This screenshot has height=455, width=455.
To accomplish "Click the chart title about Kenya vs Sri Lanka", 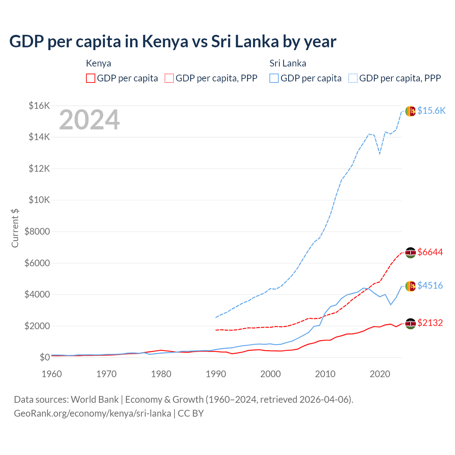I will [x=173, y=42].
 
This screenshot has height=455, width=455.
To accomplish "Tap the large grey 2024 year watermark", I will [x=89, y=120].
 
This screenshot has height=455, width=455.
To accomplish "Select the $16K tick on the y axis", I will [x=39, y=106].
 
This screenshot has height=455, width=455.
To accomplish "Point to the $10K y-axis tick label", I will [x=39, y=200].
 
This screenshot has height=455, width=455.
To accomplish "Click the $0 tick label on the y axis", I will [x=44, y=357].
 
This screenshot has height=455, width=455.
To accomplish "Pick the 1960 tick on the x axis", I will [x=52, y=374].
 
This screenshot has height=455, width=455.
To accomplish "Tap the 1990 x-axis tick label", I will [x=216, y=374].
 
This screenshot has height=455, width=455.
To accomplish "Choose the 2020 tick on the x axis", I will [x=380, y=374].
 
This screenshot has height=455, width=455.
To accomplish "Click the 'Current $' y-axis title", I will [x=15, y=228].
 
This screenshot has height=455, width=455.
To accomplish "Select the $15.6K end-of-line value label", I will [x=431, y=111].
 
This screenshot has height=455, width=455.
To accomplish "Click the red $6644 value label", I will [x=430, y=252].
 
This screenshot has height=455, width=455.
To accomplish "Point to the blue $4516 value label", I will [x=430, y=285].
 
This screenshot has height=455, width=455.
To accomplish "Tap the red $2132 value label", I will [x=430, y=323].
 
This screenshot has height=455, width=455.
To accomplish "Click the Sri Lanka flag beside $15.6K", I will [x=411, y=111].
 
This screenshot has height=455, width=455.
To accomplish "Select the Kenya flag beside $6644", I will [x=411, y=253].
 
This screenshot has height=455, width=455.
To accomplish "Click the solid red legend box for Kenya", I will [x=91, y=78].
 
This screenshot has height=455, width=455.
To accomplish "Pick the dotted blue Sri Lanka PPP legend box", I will [x=353, y=78].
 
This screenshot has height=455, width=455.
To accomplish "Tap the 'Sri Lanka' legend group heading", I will [x=288, y=63].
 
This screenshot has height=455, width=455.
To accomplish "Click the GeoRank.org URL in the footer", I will [x=92, y=413].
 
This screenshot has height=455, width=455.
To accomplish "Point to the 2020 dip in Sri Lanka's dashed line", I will [x=380, y=154].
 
